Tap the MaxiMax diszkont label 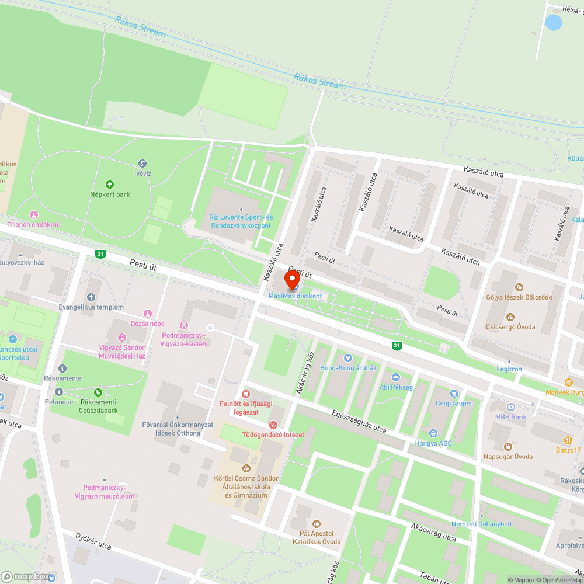295,296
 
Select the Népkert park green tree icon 109,185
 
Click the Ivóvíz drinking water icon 142,164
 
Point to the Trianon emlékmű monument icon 33,215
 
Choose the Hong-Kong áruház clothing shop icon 348,357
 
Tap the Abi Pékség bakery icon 395,377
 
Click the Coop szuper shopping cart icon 454,394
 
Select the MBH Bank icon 510,407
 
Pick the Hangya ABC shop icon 433,433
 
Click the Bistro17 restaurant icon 568,440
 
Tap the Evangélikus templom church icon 91,298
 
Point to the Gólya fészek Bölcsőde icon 519,287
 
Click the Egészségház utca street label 358,421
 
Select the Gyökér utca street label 93,541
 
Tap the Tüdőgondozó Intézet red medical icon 272,425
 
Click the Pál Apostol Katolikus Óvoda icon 317,523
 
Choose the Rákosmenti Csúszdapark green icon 98,392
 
